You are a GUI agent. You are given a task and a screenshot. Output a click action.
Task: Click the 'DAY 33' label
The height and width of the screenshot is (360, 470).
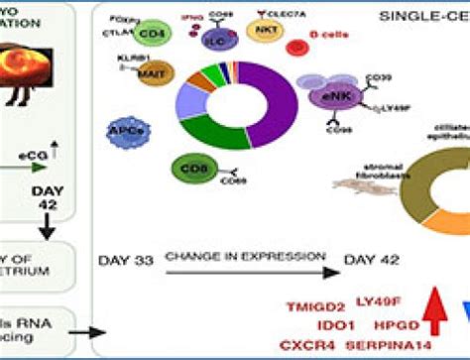(x=124, y=261)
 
